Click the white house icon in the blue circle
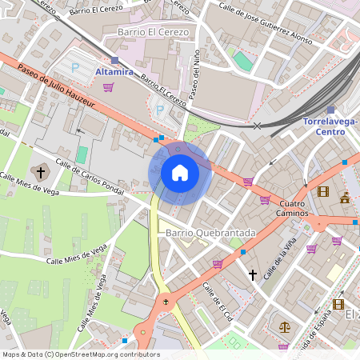[180, 172]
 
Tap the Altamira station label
[119, 72]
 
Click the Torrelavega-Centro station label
[330, 126]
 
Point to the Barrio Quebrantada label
[210, 233]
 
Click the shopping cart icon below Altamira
[108, 86]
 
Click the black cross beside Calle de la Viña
[253, 274]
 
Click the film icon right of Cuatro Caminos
[322, 191]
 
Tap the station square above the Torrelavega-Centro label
[330, 110]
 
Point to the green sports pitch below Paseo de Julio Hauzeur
[82, 154]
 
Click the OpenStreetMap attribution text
[80, 354]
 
